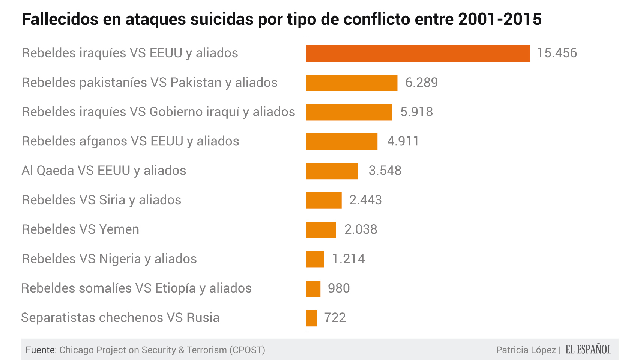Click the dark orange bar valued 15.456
click(x=418, y=53)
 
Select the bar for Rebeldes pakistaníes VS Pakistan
click(x=352, y=83)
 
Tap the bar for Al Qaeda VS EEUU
click(x=332, y=171)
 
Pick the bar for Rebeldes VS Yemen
click(x=321, y=230)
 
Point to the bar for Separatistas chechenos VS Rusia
click(x=311, y=318)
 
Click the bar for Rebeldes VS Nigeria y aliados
click(x=315, y=259)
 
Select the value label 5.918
click(x=416, y=112)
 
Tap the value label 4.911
click(x=403, y=141)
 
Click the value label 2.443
click(x=365, y=200)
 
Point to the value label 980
click(x=339, y=288)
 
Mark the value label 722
click(x=335, y=318)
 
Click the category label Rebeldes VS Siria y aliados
click(x=101, y=200)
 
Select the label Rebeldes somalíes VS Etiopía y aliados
click(x=136, y=288)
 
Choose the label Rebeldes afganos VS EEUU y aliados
click(x=130, y=141)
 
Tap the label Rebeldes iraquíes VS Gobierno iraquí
click(x=158, y=112)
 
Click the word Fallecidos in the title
click(x=60, y=19)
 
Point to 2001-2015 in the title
click(x=500, y=19)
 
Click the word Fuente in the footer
click(x=41, y=350)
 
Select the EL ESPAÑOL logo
click(x=588, y=349)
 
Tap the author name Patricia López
click(x=526, y=350)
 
